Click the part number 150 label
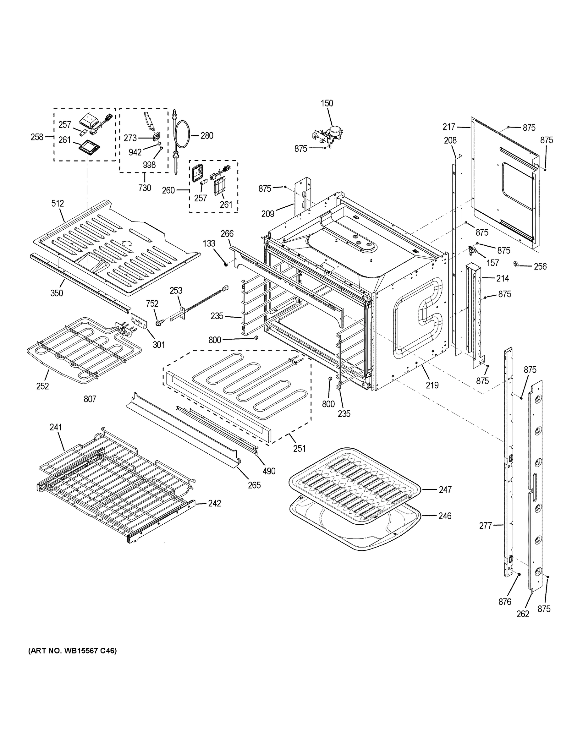pos(327,103)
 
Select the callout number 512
pos(58,203)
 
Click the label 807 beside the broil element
pos(90,399)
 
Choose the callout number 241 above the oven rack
pos(56,427)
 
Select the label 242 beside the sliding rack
pos(214,503)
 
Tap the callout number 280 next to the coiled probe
pos(207,136)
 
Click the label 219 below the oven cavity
pos(432,385)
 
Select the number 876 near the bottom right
pos(505,602)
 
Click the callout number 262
pos(523,614)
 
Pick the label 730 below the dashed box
pos(145,188)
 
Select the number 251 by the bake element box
pos(300,448)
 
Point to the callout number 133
pos(209,243)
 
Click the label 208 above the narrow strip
pos(450,140)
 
